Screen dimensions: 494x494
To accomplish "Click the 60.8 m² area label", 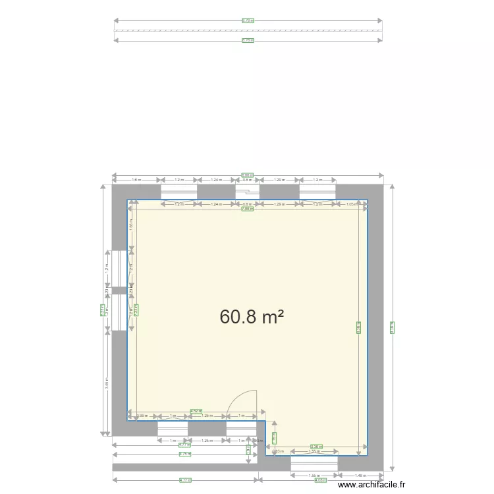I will [252, 317].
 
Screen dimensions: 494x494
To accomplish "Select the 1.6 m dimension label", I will [136, 179].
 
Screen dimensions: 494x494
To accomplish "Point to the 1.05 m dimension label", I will [352, 204].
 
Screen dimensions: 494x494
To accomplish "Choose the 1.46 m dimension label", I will [360, 475].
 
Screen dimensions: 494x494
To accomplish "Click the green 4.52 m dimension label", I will [196, 411].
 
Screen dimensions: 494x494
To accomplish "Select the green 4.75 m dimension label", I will [185, 454].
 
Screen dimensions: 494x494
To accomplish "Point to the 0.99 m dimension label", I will [142, 416].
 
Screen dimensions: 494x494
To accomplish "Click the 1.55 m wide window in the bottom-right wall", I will [314, 464].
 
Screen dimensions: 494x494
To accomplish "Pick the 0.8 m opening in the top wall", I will [248, 192].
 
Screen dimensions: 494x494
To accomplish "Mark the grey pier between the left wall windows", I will [119, 290].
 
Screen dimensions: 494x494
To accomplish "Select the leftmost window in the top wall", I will [178, 192].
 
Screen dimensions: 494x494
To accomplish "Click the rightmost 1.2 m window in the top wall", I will [318, 192].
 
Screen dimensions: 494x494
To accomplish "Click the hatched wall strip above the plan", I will [248, 30].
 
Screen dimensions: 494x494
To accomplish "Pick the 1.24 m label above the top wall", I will [216, 179].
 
